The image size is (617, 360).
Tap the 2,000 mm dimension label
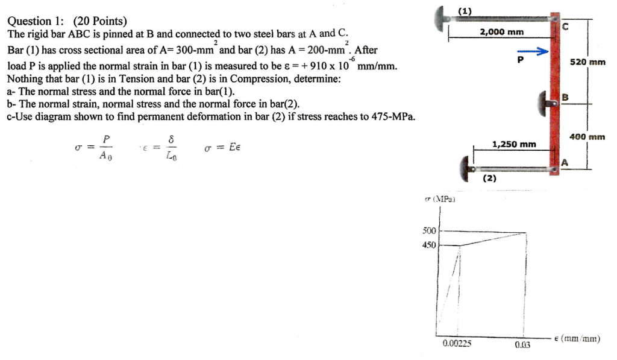502,32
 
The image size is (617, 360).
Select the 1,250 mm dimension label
514,144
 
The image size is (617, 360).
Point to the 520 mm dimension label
589,62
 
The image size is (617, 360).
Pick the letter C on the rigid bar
565,27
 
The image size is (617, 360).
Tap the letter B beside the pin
565,97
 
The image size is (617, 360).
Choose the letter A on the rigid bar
565,162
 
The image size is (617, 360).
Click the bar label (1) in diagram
465,10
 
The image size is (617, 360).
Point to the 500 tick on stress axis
428,230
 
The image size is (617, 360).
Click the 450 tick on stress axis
428,245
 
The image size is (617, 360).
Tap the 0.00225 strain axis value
457,344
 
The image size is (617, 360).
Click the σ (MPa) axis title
439,198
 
